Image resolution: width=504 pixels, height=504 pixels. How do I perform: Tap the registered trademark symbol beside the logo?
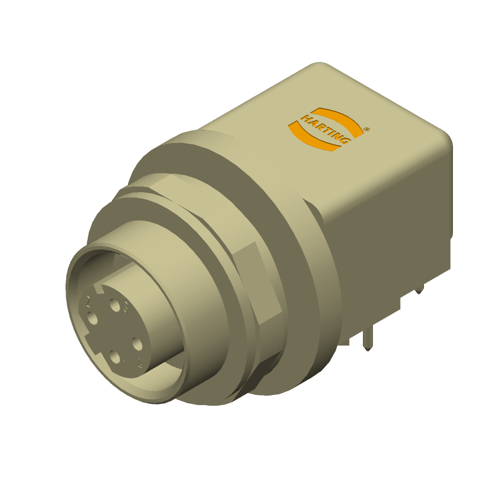[x=367, y=128]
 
